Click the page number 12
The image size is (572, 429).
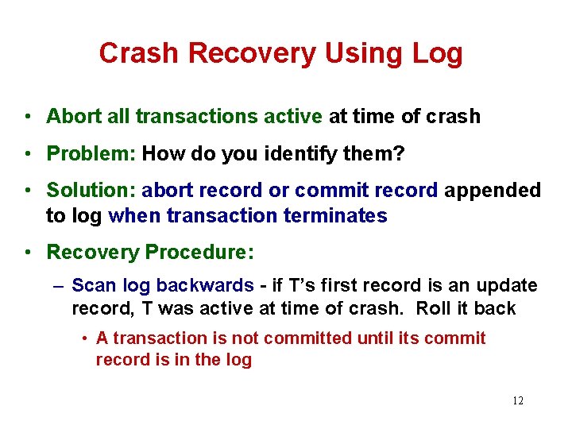(517, 400)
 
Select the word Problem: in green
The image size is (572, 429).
(91, 153)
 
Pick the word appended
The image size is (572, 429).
(493, 191)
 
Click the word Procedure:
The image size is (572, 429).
(199, 253)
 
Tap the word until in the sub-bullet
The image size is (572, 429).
(378, 338)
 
